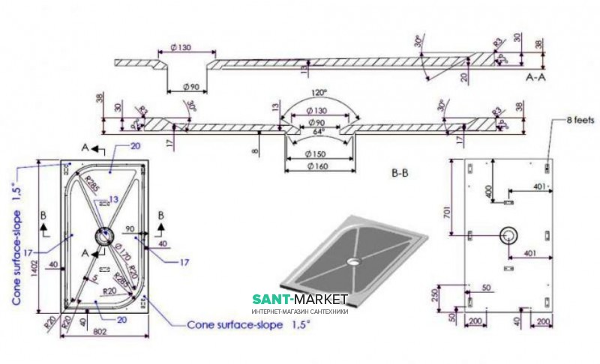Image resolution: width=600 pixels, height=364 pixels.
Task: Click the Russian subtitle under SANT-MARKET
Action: click(298, 312)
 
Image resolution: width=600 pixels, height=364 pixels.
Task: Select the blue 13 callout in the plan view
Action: click(113, 198)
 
